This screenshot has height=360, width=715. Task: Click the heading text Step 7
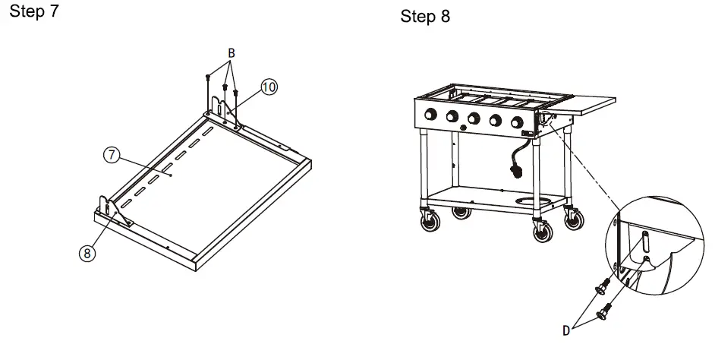click(x=34, y=13)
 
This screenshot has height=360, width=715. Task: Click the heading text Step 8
click(x=425, y=17)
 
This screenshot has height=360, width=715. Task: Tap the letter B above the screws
click(x=231, y=53)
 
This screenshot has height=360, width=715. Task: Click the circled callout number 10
click(x=269, y=87)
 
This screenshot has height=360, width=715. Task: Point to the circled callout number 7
click(x=111, y=155)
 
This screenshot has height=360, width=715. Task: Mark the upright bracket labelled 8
click(x=109, y=208)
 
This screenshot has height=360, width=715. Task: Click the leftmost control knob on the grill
click(x=430, y=115)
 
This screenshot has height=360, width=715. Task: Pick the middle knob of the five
click(x=474, y=118)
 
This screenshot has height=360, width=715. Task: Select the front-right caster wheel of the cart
click(x=543, y=232)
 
